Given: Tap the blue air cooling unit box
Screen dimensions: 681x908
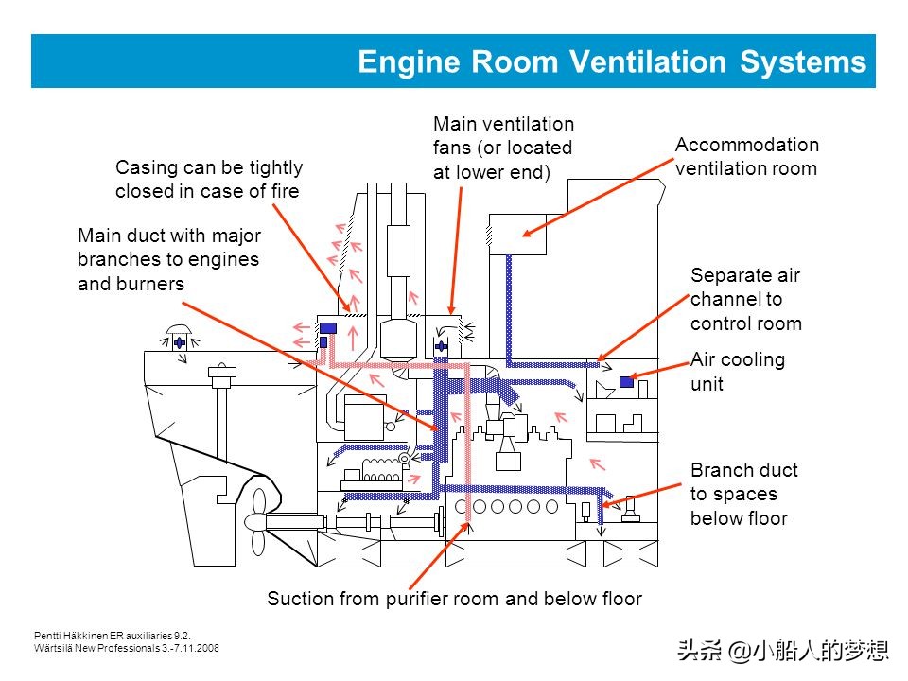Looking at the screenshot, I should (x=626, y=382).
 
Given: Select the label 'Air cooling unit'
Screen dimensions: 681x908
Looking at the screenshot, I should (x=738, y=372).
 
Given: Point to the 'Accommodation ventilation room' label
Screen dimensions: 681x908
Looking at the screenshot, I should (x=746, y=157).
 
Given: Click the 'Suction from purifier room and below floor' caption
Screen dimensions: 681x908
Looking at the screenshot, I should (x=454, y=599).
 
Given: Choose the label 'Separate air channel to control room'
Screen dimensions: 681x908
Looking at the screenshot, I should (x=745, y=300).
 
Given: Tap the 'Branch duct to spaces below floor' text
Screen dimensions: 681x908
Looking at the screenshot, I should (x=743, y=494).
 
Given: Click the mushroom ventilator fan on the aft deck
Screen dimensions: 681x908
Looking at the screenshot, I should (x=179, y=341).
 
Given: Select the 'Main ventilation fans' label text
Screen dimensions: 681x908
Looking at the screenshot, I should (x=503, y=148).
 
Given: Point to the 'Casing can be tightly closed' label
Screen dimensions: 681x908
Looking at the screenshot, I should (x=209, y=180).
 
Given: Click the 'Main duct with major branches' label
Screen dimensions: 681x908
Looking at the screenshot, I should (x=169, y=258).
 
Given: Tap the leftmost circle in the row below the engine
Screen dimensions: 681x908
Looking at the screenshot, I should (x=463, y=506).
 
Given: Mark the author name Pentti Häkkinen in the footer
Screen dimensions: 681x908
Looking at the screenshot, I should (x=77, y=636).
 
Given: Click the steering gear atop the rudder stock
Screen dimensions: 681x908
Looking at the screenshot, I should (x=221, y=377).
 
